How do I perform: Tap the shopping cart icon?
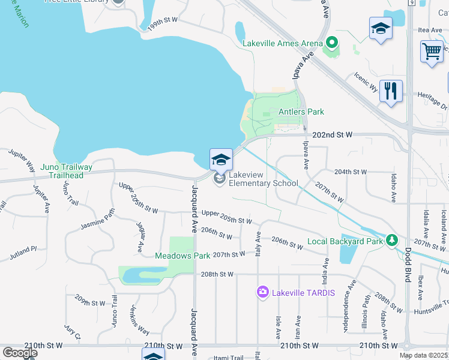[432, 53]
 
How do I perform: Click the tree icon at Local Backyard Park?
[392, 240]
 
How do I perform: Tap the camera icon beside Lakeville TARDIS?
[262, 292]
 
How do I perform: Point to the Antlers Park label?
[301, 112]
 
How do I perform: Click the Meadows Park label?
[182, 256]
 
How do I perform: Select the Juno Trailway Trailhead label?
[67, 171]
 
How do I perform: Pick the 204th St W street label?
[351, 172]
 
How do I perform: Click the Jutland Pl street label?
[23, 253]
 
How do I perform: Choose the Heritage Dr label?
[432, 100]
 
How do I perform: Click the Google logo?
[20, 352]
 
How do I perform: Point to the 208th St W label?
[217, 274]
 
